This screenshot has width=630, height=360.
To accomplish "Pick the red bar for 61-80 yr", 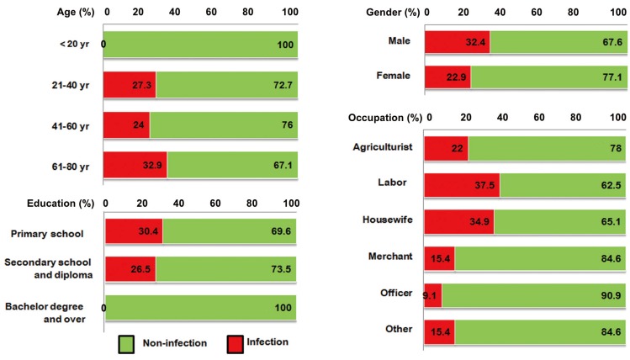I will pyautogui.click(x=135, y=166).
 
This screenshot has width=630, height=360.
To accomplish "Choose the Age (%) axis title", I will pyautogui.click(x=70, y=13).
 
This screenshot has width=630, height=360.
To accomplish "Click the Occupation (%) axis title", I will pyautogui.click(x=384, y=118).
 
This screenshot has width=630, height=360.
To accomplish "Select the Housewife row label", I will pyautogui.click(x=386, y=221).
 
